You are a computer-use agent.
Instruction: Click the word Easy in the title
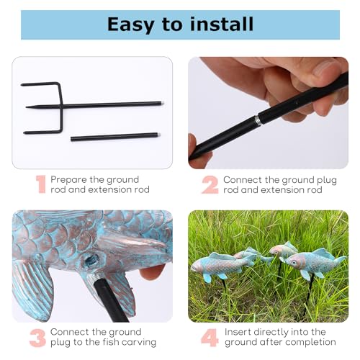tap(130, 24)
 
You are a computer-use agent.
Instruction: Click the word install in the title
tap(222, 24)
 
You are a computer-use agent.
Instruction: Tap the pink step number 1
tap(41, 184)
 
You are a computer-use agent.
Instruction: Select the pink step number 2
tap(210, 184)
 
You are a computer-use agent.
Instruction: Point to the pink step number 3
tap(37, 338)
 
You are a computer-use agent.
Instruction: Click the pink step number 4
tap(210, 338)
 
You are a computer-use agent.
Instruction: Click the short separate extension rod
tap(114, 137)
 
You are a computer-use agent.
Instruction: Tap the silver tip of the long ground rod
tap(163, 103)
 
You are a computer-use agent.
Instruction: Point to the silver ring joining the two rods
tap(257, 120)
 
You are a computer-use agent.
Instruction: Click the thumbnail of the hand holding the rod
tap(268, 113)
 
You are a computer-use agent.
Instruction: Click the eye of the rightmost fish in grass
tap(294, 263)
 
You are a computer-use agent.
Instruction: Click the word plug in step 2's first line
tap(327, 181)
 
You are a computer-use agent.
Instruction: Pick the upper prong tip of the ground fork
tap(22, 85)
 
